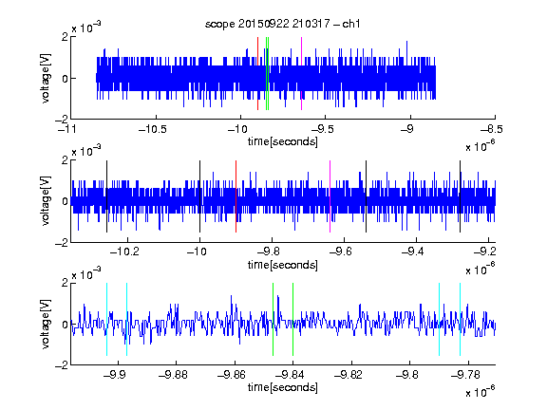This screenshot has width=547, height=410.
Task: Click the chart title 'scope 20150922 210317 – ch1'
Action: (x=283, y=24)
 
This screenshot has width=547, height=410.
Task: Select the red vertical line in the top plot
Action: (x=257, y=74)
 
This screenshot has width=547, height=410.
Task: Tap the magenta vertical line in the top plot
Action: (x=301, y=74)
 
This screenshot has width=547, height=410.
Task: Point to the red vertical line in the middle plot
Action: (x=236, y=196)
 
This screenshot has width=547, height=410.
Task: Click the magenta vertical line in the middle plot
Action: (x=330, y=196)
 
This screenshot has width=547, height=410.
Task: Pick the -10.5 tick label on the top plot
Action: (x=153, y=129)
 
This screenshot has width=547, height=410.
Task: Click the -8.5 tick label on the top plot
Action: (x=491, y=129)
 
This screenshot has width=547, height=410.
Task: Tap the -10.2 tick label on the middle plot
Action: (x=124, y=252)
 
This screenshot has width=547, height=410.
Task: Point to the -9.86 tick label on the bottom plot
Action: (x=232, y=375)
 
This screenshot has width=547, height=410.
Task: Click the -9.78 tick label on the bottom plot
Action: (x=465, y=375)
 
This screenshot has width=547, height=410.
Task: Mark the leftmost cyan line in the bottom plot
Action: (x=106, y=319)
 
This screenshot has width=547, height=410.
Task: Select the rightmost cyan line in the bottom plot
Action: (x=461, y=319)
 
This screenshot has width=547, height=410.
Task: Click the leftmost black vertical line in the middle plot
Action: (x=106, y=196)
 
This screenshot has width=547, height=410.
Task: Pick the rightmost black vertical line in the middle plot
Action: (x=461, y=196)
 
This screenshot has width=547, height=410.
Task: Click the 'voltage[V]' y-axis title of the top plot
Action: (x=46, y=78)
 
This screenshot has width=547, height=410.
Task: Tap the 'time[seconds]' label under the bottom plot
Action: (x=283, y=387)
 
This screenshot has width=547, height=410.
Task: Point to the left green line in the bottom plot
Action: (x=273, y=319)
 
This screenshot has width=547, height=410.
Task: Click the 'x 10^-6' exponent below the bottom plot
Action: (x=481, y=392)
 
